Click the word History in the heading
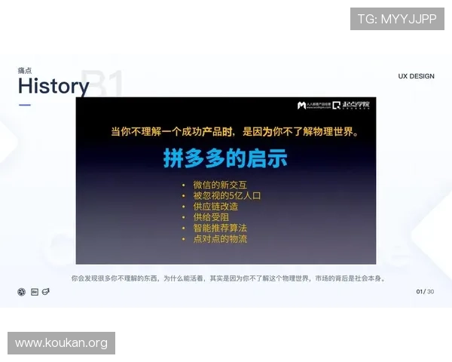[53, 87]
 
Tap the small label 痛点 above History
[25, 70]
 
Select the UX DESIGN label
[417, 76]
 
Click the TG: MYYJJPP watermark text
[397, 19]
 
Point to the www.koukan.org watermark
[62, 343]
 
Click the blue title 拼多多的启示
[225, 159]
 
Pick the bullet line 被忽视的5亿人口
[227, 195]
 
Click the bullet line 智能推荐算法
[220, 228]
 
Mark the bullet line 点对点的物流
[220, 239]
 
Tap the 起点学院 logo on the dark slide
[353, 106]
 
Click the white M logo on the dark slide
[301, 106]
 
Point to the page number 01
[420, 291]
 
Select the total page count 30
[431, 291]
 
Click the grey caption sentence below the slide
[228, 278]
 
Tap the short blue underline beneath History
[25, 106]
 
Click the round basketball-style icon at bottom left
[22, 292]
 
